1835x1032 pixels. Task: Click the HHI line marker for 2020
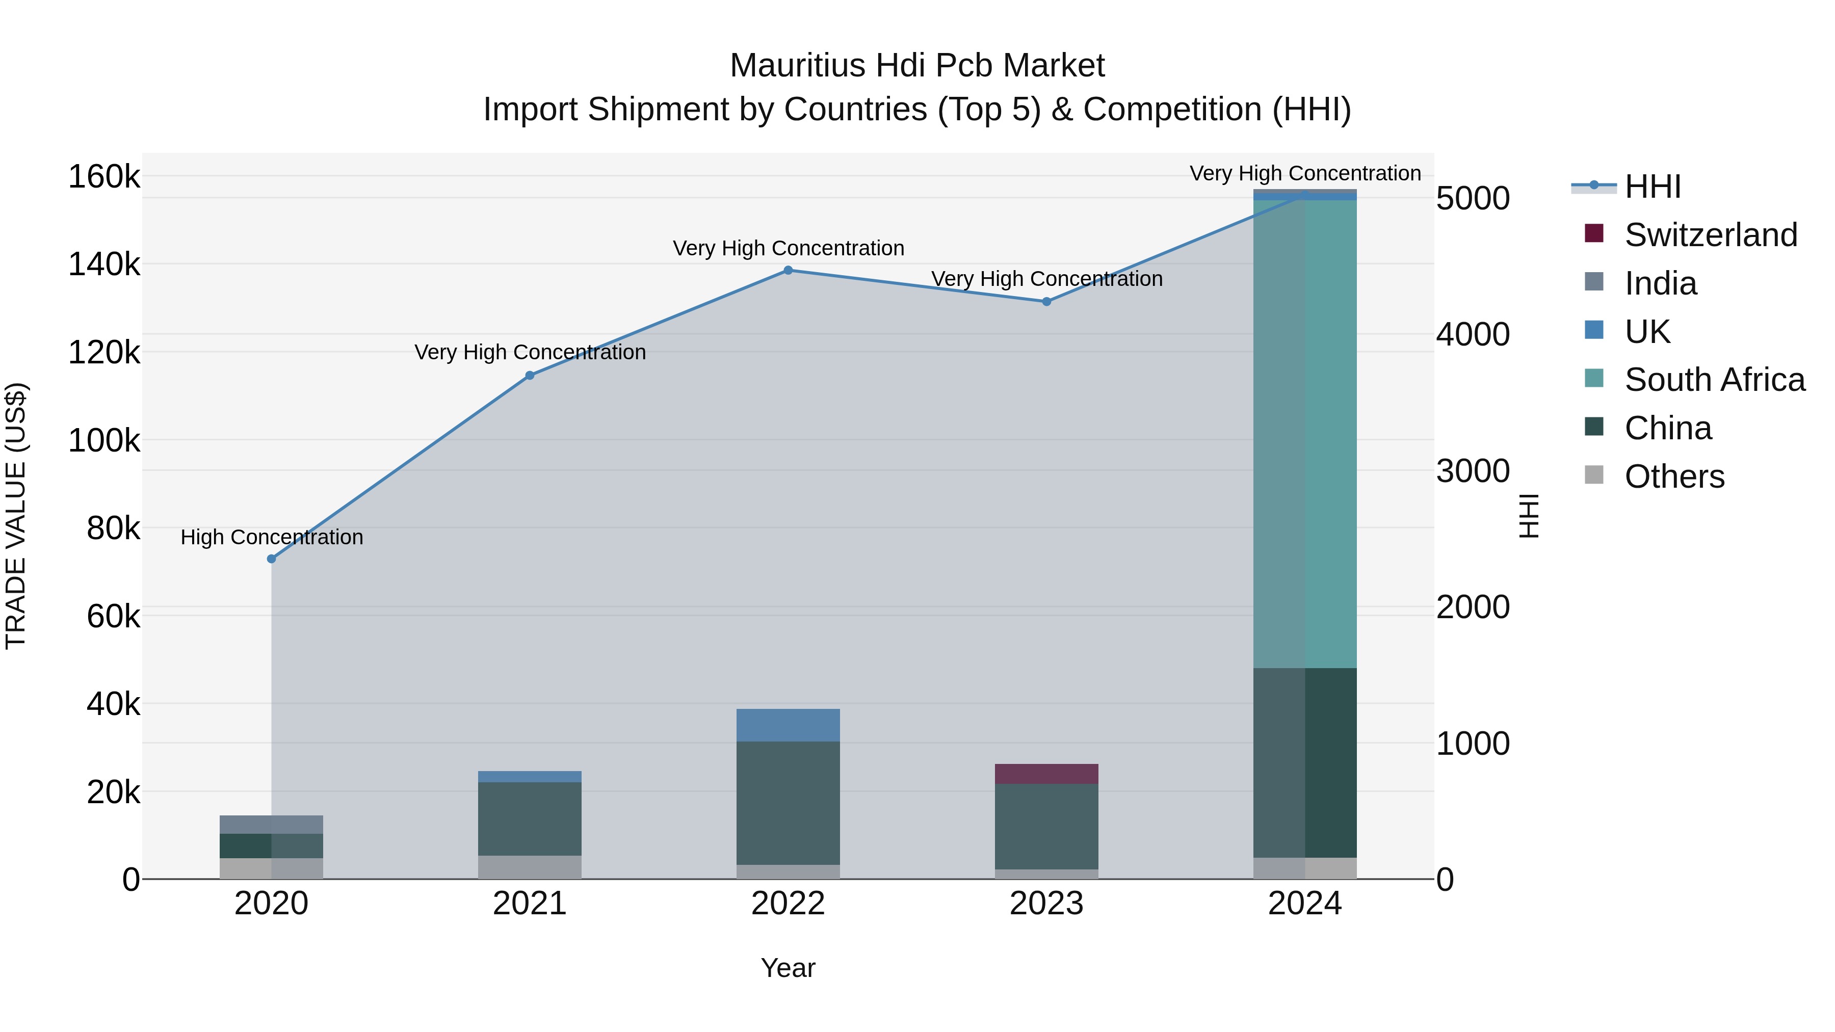click(x=271, y=559)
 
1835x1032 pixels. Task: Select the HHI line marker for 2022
click(x=788, y=271)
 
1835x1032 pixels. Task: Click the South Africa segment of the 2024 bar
click(x=1305, y=434)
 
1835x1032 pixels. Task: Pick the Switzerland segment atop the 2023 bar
click(x=1046, y=774)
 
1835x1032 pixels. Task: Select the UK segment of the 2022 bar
click(x=788, y=725)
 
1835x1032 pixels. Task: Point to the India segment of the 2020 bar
click(x=271, y=825)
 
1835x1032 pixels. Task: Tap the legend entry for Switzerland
click(x=1710, y=235)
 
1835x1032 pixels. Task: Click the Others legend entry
click(x=1674, y=477)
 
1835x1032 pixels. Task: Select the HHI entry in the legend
click(x=1653, y=187)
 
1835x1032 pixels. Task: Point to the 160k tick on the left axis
click(x=104, y=177)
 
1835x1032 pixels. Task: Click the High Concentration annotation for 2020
click(x=271, y=537)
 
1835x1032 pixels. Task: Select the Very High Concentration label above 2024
click(x=1305, y=173)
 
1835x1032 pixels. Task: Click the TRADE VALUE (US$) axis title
click(x=16, y=516)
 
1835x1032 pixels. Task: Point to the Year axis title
click(x=788, y=968)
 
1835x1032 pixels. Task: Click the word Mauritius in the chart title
click(x=798, y=66)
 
